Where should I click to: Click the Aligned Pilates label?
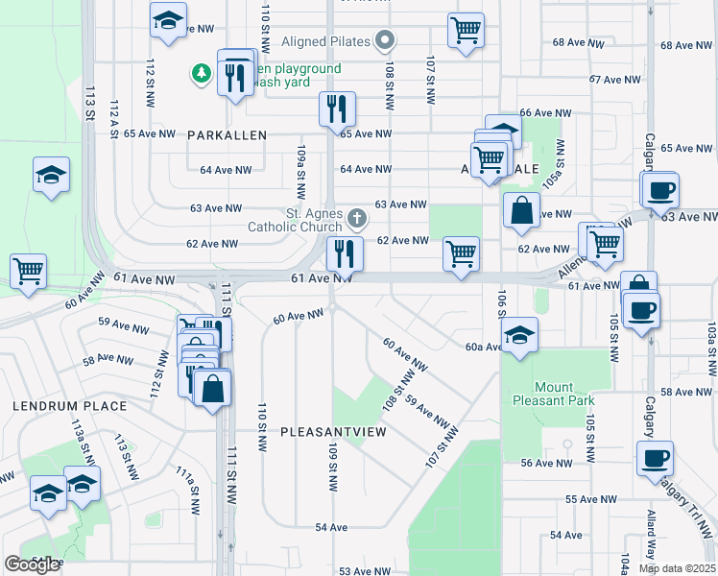tap(326, 42)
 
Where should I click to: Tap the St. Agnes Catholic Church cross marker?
tap(356, 218)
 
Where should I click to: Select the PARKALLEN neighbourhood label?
tap(227, 135)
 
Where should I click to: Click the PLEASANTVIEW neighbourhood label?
tap(333, 432)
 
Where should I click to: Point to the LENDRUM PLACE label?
tap(69, 406)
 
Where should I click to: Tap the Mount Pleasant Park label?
tap(552, 394)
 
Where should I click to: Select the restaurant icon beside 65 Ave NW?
tap(337, 108)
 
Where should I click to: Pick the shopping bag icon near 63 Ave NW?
tap(520, 212)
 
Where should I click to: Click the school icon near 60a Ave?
tap(519, 335)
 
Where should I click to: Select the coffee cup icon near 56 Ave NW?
tap(655, 458)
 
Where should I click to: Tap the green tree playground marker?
tap(201, 72)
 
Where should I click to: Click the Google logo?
tap(32, 564)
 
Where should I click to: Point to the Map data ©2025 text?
tap(677, 568)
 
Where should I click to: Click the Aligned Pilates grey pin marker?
tap(385, 40)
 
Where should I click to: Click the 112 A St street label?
tap(113, 119)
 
